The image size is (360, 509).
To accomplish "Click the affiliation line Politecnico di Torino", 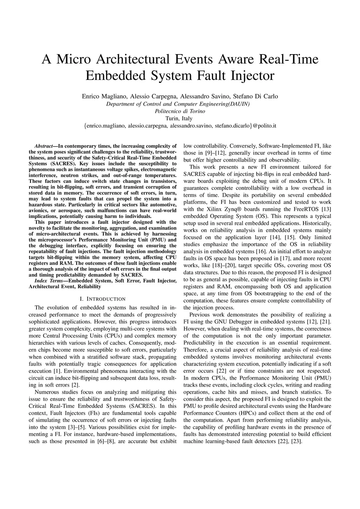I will (180, 111).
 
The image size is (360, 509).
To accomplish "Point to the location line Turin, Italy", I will (180, 118).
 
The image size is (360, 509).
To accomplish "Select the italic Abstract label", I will (43, 146).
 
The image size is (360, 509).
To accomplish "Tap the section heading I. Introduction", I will (103, 299).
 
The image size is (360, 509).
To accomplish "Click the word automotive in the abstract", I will (163, 205).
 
